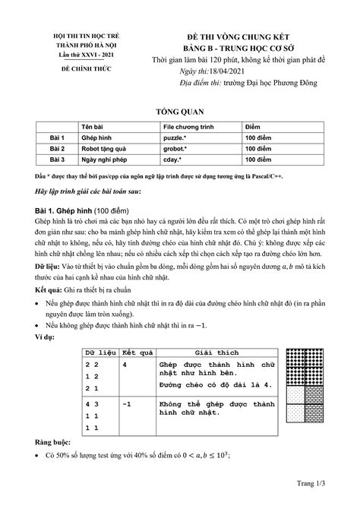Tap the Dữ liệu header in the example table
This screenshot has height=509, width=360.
99,355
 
